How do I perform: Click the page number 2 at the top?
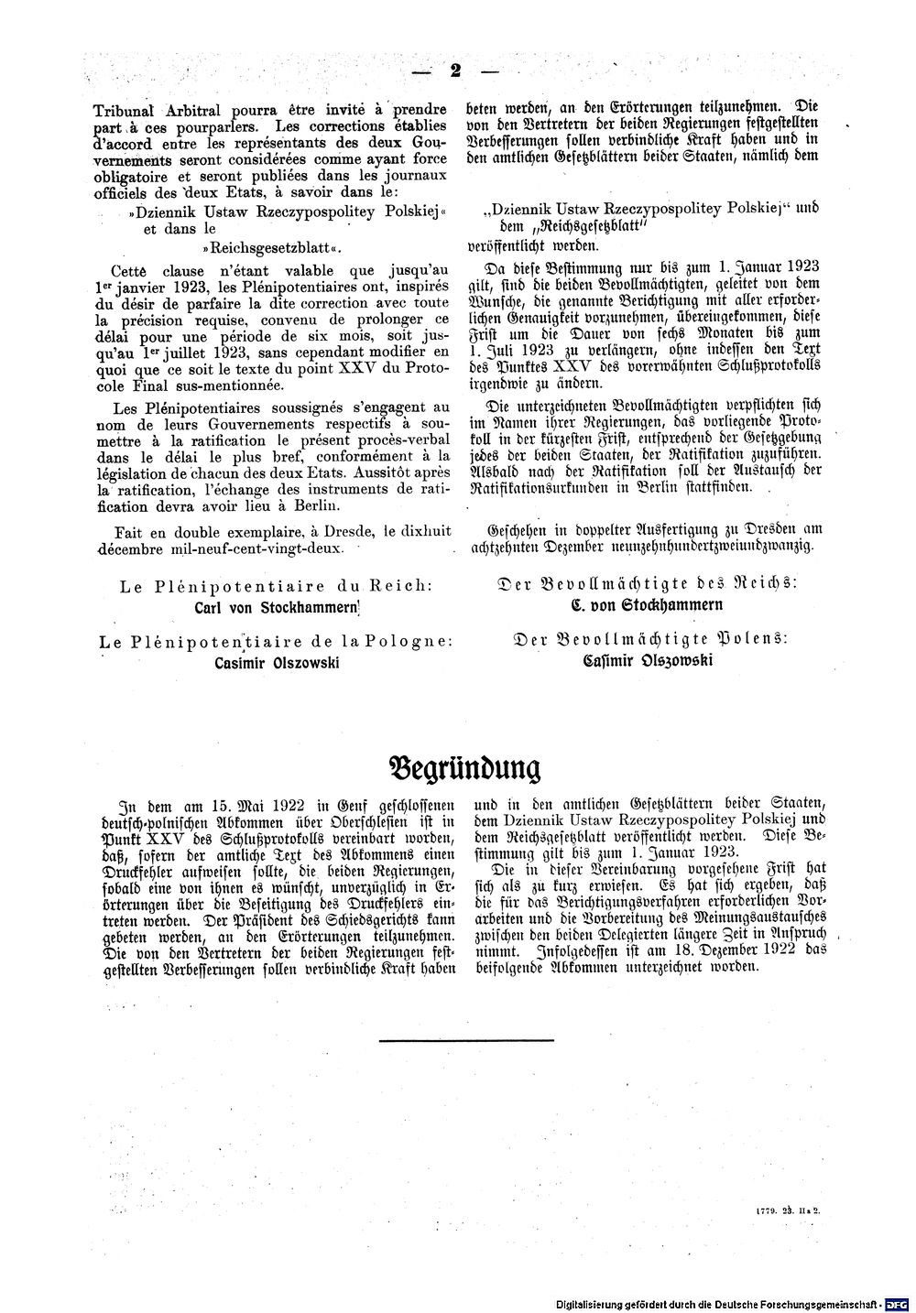(454, 70)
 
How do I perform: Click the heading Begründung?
(464, 765)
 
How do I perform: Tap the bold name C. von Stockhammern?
(647, 604)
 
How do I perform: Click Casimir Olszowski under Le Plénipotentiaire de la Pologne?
(278, 663)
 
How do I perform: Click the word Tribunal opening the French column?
(128, 107)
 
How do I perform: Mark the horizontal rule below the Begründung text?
(465, 1039)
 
